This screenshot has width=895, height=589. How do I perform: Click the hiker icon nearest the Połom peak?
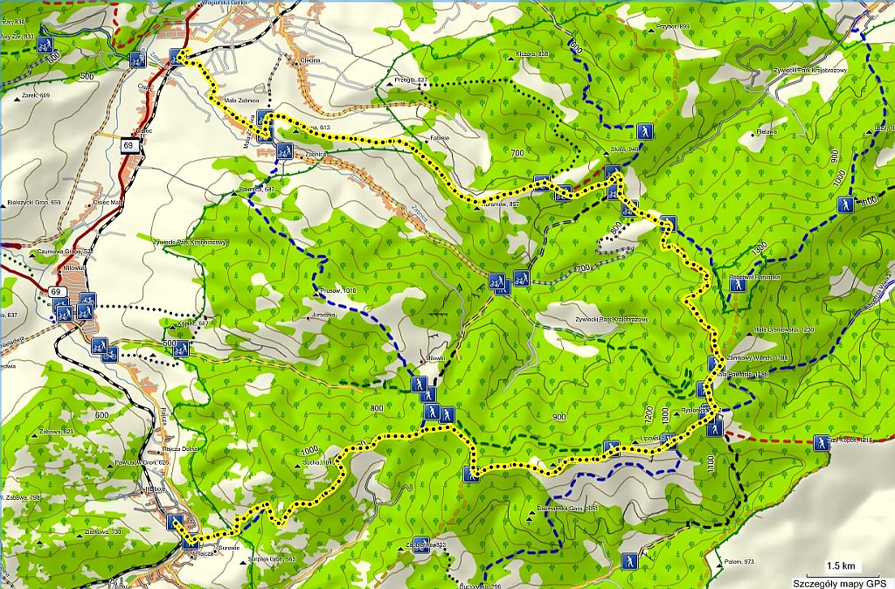click(627, 561)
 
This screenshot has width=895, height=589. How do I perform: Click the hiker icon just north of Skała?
click(644, 131)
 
